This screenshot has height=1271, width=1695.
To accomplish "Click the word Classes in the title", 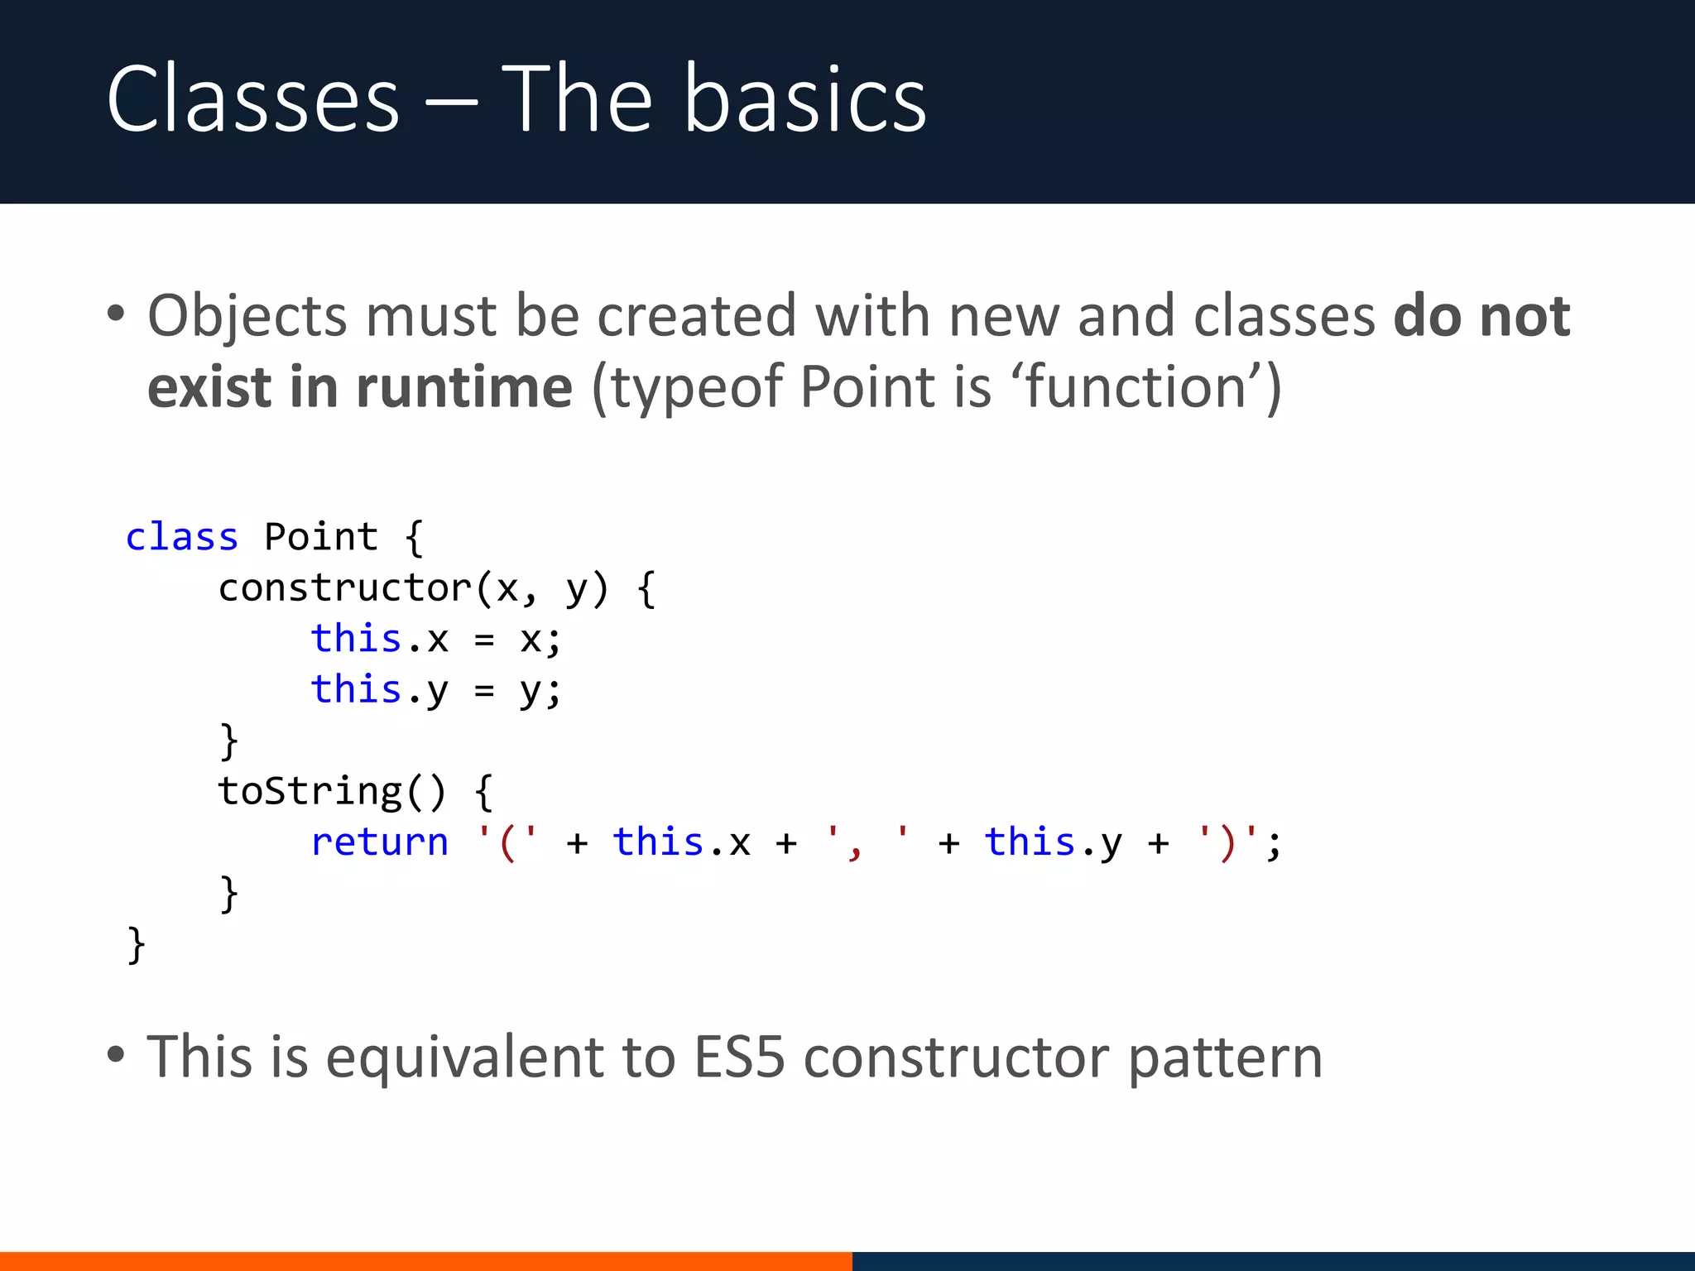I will click(252, 101).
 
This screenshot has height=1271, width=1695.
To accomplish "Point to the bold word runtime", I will click(463, 387).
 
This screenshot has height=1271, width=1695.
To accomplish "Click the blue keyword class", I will click(181, 537).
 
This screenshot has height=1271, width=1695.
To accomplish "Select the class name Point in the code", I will click(320, 537).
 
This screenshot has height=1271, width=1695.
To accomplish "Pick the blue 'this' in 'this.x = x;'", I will click(356, 639).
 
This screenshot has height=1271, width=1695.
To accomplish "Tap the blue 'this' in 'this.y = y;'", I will click(356, 689).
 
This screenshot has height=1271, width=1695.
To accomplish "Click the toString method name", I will click(310, 791).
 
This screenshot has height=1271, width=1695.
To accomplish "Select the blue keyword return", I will click(379, 842).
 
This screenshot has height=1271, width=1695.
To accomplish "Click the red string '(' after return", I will click(507, 842).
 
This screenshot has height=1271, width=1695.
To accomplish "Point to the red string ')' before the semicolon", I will click(1227, 842).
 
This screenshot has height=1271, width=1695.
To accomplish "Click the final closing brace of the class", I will click(136, 945).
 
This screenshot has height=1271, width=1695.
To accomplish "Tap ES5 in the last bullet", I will click(738, 1057).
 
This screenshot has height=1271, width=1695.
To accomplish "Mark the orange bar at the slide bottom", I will click(425, 1261).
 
